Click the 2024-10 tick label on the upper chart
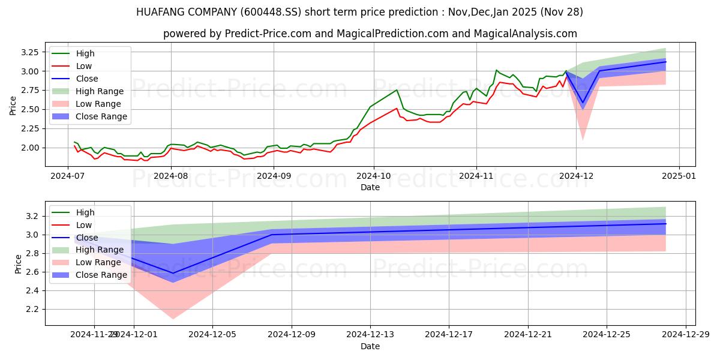click(374, 176)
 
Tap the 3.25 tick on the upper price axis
click(30, 52)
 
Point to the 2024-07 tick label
click(68, 176)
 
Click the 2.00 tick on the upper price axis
click(30, 148)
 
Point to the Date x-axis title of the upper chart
click(370, 187)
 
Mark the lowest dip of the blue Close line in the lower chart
click(173, 273)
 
